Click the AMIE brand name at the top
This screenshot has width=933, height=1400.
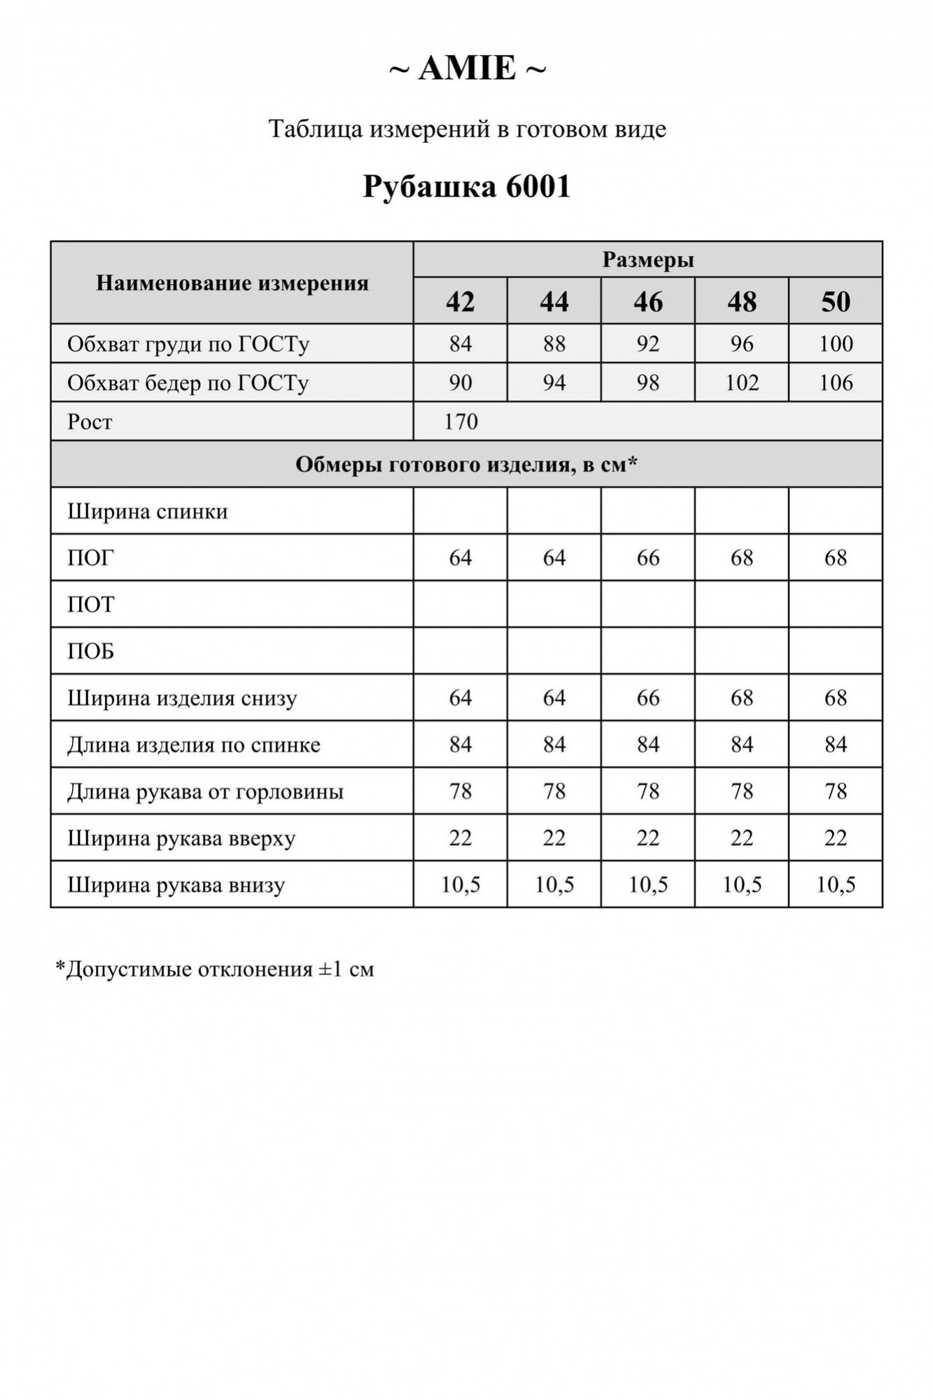pos(467,69)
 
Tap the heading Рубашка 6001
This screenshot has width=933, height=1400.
pos(467,187)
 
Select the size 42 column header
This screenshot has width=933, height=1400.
pos(460,302)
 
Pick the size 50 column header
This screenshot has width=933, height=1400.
pos(835,302)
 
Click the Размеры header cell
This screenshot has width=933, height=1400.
pos(647,260)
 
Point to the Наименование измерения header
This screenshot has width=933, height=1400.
pos(232,283)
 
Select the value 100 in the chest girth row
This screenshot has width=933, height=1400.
pos(835,344)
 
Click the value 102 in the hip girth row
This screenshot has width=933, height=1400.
pos(741,383)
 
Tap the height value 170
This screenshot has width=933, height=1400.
pos(461,421)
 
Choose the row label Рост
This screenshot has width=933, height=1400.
pos(90,422)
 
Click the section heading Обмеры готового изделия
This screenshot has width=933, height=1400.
pos(466,464)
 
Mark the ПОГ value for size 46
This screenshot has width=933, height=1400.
pos(647,558)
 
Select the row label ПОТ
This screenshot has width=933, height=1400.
pos(90,605)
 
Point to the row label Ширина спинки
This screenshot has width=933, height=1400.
pos(148,512)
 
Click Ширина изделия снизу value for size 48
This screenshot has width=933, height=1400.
pos(741,698)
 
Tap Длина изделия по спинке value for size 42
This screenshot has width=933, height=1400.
pos(460,744)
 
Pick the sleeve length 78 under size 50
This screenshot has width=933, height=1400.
pos(835,791)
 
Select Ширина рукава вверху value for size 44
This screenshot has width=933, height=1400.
pos(554,838)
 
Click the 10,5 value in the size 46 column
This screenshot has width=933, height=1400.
pos(647,885)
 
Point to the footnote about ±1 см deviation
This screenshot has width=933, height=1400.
pos(215,969)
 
